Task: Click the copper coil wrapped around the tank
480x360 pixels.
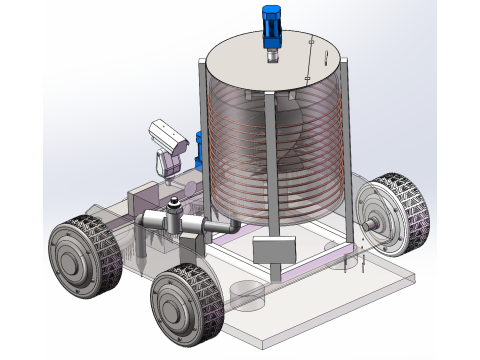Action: point(300,150)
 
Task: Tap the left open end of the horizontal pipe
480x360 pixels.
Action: point(141,222)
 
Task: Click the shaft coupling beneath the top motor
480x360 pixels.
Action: point(272,55)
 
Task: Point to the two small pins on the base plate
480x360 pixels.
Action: point(354,262)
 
